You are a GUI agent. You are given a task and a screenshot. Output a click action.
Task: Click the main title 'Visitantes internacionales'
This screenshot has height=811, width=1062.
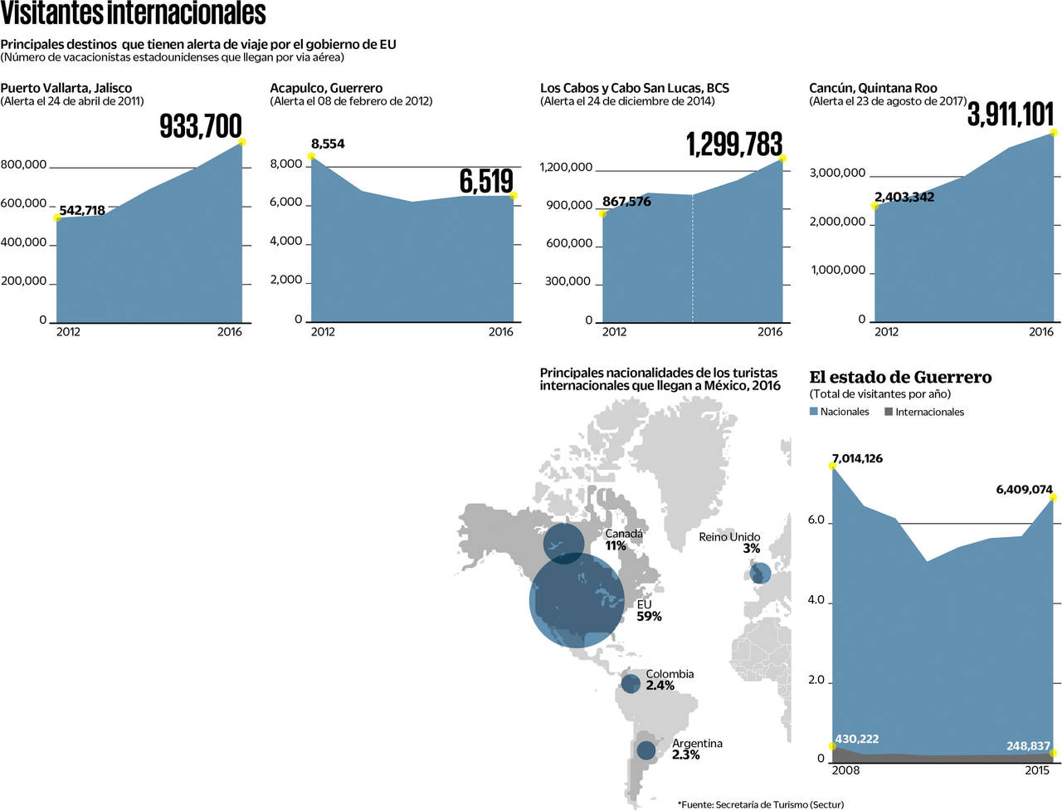[133, 14]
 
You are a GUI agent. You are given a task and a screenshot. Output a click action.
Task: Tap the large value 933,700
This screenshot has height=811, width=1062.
[201, 126]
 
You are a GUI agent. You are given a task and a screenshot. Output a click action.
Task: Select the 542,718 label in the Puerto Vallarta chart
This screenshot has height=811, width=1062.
[82, 211]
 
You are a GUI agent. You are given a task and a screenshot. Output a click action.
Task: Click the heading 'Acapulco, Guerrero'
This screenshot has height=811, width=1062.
[326, 88]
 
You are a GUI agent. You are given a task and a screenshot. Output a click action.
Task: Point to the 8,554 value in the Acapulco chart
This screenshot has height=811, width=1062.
[328, 144]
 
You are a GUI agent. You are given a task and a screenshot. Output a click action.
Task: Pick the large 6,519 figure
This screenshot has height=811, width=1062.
[486, 181]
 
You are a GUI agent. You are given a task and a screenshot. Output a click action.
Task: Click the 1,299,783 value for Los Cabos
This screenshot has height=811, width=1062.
[734, 144]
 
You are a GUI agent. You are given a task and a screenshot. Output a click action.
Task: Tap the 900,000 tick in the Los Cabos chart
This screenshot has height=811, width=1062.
[568, 206]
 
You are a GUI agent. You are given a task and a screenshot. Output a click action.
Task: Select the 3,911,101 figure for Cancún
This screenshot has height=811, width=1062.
[1010, 115]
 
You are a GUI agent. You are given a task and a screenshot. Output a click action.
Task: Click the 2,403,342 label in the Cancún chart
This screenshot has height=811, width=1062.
[904, 197]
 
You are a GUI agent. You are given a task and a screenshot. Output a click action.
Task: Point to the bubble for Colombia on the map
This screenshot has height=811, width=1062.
[631, 683]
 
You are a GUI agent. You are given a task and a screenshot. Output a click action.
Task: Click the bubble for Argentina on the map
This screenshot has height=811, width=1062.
[646, 750]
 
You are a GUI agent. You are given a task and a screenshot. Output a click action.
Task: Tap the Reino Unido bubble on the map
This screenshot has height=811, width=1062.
[760, 574]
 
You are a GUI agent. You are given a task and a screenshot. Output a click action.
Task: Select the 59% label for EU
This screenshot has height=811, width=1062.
[649, 617]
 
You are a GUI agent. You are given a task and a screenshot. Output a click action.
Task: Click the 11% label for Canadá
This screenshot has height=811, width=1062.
[616, 546]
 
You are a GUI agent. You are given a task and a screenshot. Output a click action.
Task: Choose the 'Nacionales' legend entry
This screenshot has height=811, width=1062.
[840, 412]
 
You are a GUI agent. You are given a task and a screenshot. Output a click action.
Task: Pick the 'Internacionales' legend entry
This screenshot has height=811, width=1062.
[925, 412]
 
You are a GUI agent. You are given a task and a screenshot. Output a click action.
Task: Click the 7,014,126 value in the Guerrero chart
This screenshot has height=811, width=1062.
[857, 458]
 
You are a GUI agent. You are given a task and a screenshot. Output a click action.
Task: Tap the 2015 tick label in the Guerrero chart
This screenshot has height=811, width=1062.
[1036, 770]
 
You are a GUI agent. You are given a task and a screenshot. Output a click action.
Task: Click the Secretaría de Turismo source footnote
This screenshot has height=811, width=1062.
[760, 804]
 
